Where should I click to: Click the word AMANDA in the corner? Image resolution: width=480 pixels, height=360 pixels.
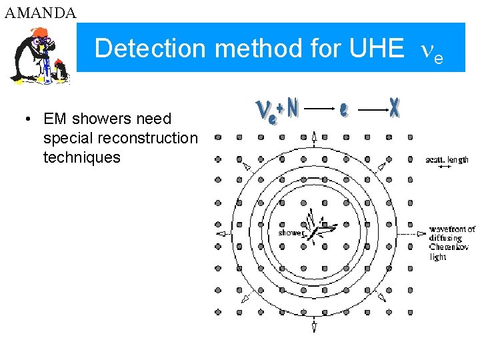click(x=40, y=12)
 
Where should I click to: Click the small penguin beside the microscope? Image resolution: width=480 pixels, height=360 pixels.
click(x=61, y=69)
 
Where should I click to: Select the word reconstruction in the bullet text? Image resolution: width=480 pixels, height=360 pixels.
click(x=120, y=138)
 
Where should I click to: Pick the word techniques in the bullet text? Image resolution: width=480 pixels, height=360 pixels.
click(x=81, y=157)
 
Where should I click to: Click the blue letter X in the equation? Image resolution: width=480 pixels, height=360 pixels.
click(x=395, y=108)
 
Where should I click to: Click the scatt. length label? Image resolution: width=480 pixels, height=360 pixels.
click(x=447, y=159)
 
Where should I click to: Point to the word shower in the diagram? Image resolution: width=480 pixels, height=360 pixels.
click(x=291, y=233)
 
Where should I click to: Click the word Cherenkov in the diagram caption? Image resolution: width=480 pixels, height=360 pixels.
click(x=449, y=247)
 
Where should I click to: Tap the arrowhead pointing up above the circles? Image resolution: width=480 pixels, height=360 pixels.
click(x=314, y=138)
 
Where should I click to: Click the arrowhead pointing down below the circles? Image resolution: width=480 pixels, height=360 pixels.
click(x=314, y=327)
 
